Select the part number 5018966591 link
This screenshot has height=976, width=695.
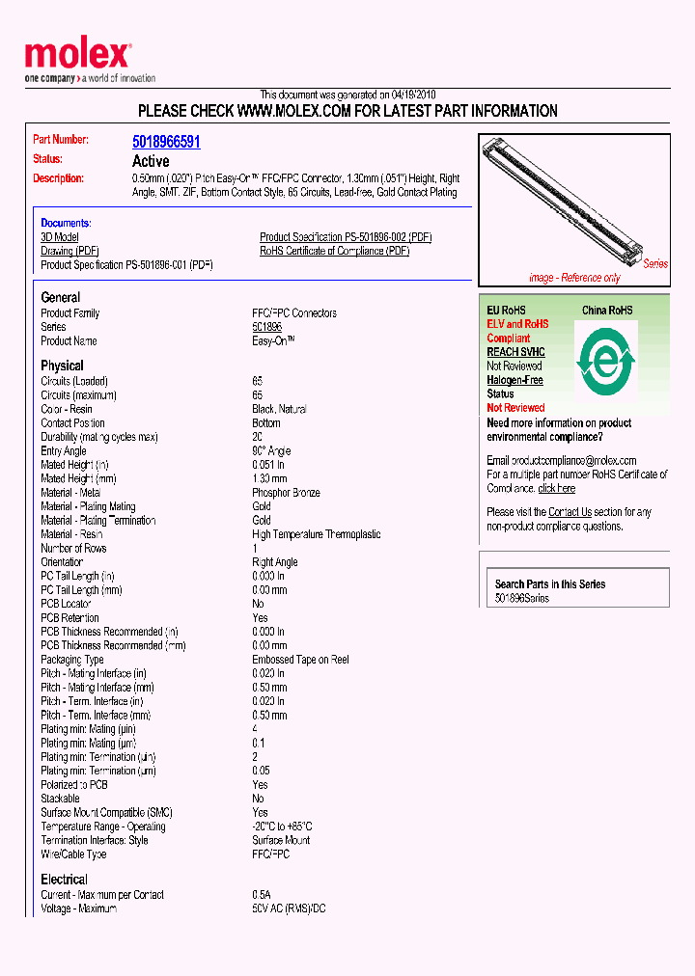(x=166, y=142)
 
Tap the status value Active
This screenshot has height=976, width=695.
(x=151, y=161)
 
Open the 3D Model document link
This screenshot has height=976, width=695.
(x=60, y=237)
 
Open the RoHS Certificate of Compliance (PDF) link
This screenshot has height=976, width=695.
(x=334, y=251)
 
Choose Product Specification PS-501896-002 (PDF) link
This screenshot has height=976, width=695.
(x=345, y=237)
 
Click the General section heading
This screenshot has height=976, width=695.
(x=60, y=297)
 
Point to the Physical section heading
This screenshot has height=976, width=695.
(x=62, y=366)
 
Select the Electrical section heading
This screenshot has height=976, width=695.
(x=64, y=880)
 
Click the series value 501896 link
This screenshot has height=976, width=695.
(x=266, y=328)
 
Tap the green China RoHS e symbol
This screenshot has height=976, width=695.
(x=605, y=359)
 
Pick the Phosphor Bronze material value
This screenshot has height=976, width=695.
(x=287, y=493)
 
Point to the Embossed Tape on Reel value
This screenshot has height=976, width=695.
(x=300, y=660)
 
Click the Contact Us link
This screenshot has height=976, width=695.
(x=570, y=512)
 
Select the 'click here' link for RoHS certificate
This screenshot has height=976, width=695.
(x=556, y=489)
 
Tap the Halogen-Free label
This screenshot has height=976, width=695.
(x=514, y=380)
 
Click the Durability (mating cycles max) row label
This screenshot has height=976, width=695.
(x=98, y=437)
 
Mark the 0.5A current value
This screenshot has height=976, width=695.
(x=262, y=895)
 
